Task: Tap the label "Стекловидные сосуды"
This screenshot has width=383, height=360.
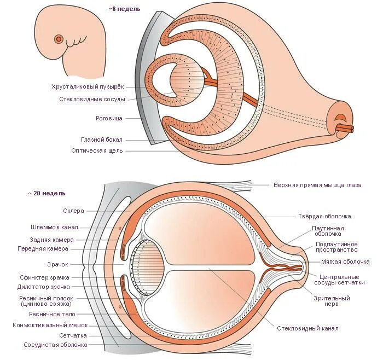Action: coord(92,99)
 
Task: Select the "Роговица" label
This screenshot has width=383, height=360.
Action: coord(108,118)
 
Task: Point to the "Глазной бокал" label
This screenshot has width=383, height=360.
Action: coord(102,140)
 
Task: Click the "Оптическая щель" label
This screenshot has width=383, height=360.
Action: coord(97,150)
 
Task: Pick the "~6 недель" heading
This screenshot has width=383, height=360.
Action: coord(124,9)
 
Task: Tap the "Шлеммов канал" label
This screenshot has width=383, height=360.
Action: coord(54,227)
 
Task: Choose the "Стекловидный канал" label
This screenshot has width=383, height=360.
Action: coord(307,328)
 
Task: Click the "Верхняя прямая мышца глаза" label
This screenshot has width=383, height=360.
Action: coord(317,185)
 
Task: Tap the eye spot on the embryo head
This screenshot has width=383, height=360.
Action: coord(58,39)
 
